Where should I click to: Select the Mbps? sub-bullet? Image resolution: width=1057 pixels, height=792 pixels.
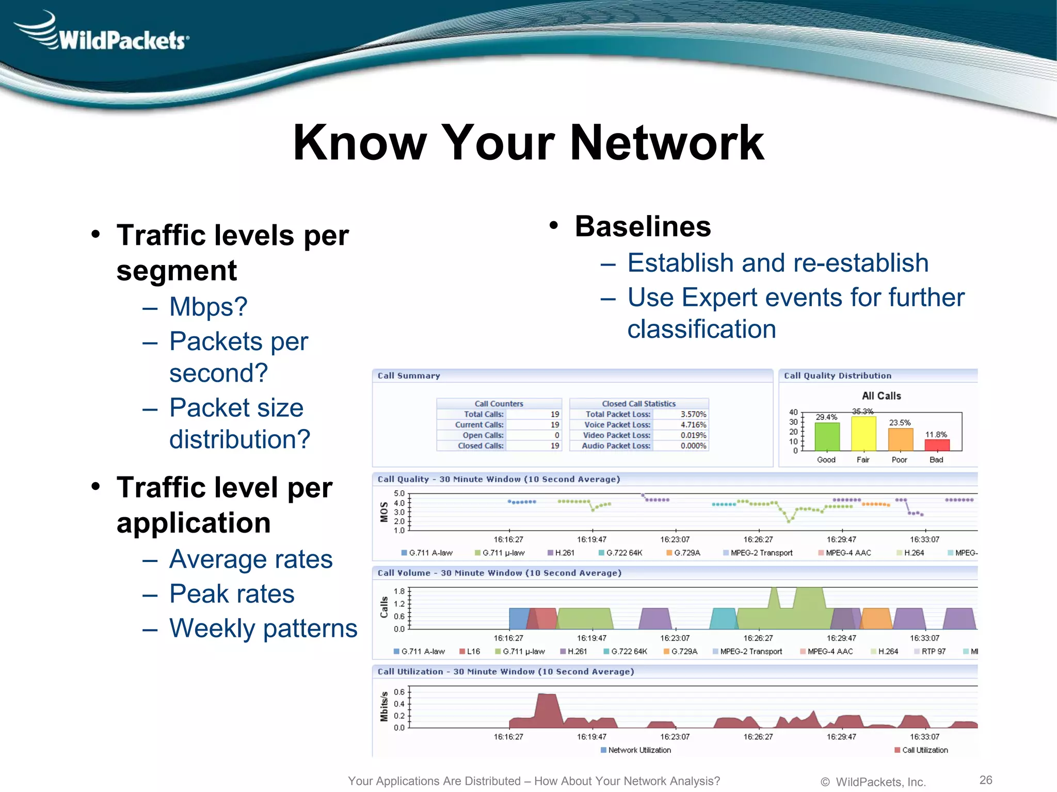(209, 307)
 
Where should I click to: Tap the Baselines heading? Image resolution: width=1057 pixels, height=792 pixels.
(643, 226)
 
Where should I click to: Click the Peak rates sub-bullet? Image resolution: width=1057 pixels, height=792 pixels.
(232, 594)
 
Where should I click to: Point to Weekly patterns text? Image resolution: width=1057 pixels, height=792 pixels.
(263, 629)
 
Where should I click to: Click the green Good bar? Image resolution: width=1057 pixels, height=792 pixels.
(827, 437)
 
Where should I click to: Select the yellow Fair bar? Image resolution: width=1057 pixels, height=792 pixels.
(863, 434)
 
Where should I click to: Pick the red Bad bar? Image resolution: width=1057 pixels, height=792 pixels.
(937, 445)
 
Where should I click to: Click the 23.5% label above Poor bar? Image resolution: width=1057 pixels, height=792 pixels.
(900, 423)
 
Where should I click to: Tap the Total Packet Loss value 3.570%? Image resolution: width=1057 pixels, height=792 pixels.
(693, 415)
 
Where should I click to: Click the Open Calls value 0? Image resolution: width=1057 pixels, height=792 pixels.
(556, 436)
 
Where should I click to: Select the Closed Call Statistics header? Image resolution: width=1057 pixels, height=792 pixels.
(638, 404)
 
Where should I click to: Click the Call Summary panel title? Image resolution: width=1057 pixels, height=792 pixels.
(409, 376)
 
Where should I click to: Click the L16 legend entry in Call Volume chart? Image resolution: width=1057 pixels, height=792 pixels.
(473, 652)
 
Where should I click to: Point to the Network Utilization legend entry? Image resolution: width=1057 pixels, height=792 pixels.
(639, 750)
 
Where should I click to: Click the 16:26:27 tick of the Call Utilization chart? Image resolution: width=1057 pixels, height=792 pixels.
(758, 737)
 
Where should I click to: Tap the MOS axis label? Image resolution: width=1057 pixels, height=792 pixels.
(384, 511)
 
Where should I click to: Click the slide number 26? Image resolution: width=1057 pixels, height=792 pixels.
(986, 780)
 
